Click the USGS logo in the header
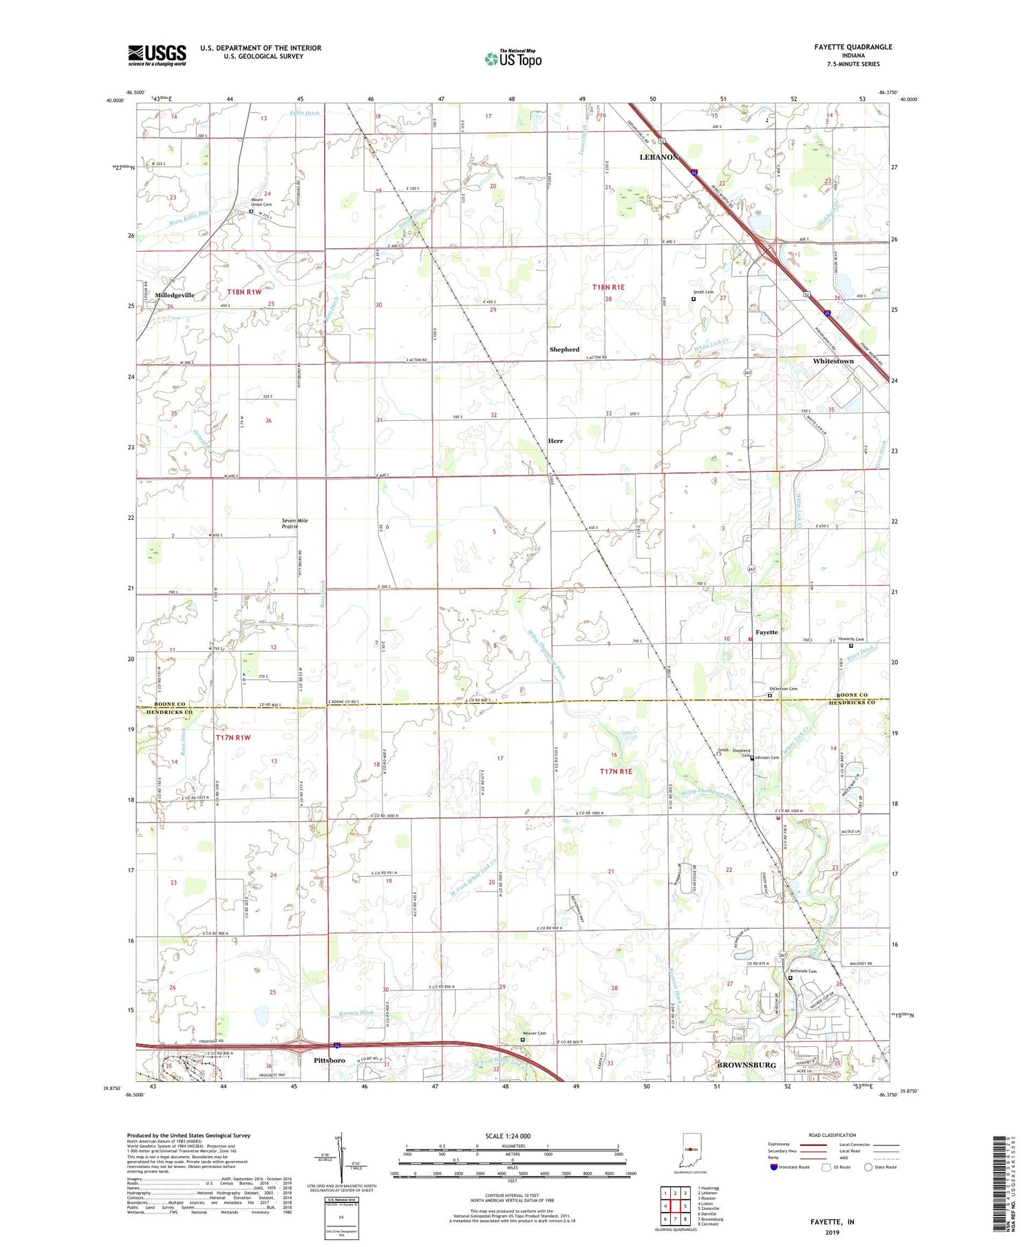coord(157,55)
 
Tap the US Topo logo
coord(513,58)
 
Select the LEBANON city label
coord(658,157)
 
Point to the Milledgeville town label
coord(175,295)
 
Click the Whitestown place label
coord(832,361)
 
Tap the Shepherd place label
coord(564,349)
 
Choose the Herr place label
coord(555,441)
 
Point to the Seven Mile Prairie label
coord(294,523)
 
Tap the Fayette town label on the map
coord(766,632)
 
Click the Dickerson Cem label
coord(783,688)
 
